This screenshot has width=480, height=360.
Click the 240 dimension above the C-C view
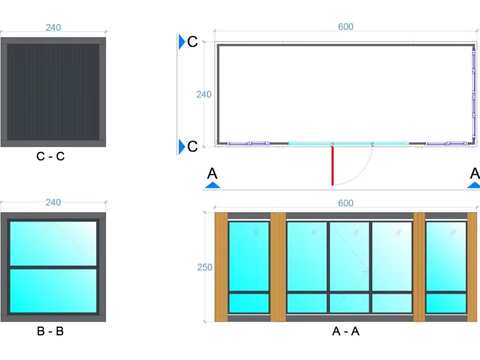[53, 27]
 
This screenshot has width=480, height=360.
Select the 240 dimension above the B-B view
[53, 202]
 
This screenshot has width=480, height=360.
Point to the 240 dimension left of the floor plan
[204, 94]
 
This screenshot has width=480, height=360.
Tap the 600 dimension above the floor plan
[346, 26]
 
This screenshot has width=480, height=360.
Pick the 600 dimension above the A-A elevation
[346, 203]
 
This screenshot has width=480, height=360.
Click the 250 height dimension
[205, 267]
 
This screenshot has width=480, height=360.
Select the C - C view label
[50, 156]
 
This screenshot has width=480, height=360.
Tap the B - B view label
[50, 331]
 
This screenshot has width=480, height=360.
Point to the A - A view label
[346, 331]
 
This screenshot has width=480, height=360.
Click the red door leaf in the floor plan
[333, 165]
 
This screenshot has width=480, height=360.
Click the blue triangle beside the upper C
[182, 42]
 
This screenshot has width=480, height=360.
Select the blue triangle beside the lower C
[182, 146]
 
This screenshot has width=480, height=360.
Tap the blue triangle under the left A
[213, 185]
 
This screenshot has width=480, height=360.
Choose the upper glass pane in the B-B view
[53, 243]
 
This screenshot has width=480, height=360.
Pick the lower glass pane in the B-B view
[53, 291]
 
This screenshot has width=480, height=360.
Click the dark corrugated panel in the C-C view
[53, 92]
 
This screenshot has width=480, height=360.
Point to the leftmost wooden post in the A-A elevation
[221, 267]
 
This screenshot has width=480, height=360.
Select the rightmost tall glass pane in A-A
[446, 256]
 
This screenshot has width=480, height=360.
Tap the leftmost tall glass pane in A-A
[249, 256]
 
